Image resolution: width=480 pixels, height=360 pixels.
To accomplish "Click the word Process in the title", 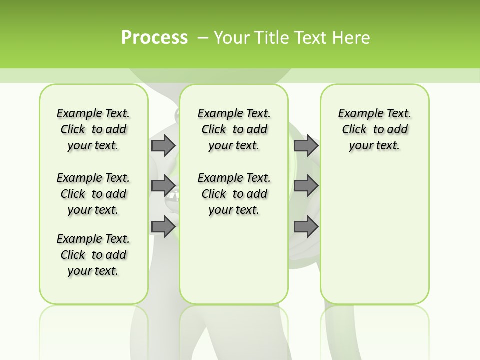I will pyautogui.click(x=154, y=38).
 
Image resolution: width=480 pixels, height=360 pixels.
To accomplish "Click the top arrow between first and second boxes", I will pyautogui.click(x=163, y=145).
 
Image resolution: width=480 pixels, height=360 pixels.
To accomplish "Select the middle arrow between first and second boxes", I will pyautogui.click(x=163, y=186).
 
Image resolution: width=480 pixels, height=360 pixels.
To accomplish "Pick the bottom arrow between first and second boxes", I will pyautogui.click(x=163, y=227).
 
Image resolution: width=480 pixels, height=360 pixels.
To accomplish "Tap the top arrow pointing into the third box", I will pyautogui.click(x=306, y=145).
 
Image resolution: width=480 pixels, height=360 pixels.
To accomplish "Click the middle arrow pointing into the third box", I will pyautogui.click(x=306, y=186).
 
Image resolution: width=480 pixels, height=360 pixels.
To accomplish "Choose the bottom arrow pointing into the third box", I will pyautogui.click(x=306, y=227).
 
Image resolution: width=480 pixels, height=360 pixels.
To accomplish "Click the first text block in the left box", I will pyautogui.click(x=93, y=129).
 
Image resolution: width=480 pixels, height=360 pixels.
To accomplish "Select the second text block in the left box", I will pyautogui.click(x=93, y=194).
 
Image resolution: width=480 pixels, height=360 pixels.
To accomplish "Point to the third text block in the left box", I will pyautogui.click(x=93, y=255).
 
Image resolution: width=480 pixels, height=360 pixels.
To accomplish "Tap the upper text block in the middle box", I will pyautogui.click(x=234, y=129).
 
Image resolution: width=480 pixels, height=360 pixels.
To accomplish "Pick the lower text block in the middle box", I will pyautogui.click(x=234, y=194).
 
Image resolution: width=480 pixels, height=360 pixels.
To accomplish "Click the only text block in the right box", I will pyautogui.click(x=374, y=129).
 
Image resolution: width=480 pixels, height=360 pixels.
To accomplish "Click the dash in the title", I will pyautogui.click(x=203, y=38).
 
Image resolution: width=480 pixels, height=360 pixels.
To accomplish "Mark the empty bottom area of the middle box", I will pyautogui.click(x=234, y=265).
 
